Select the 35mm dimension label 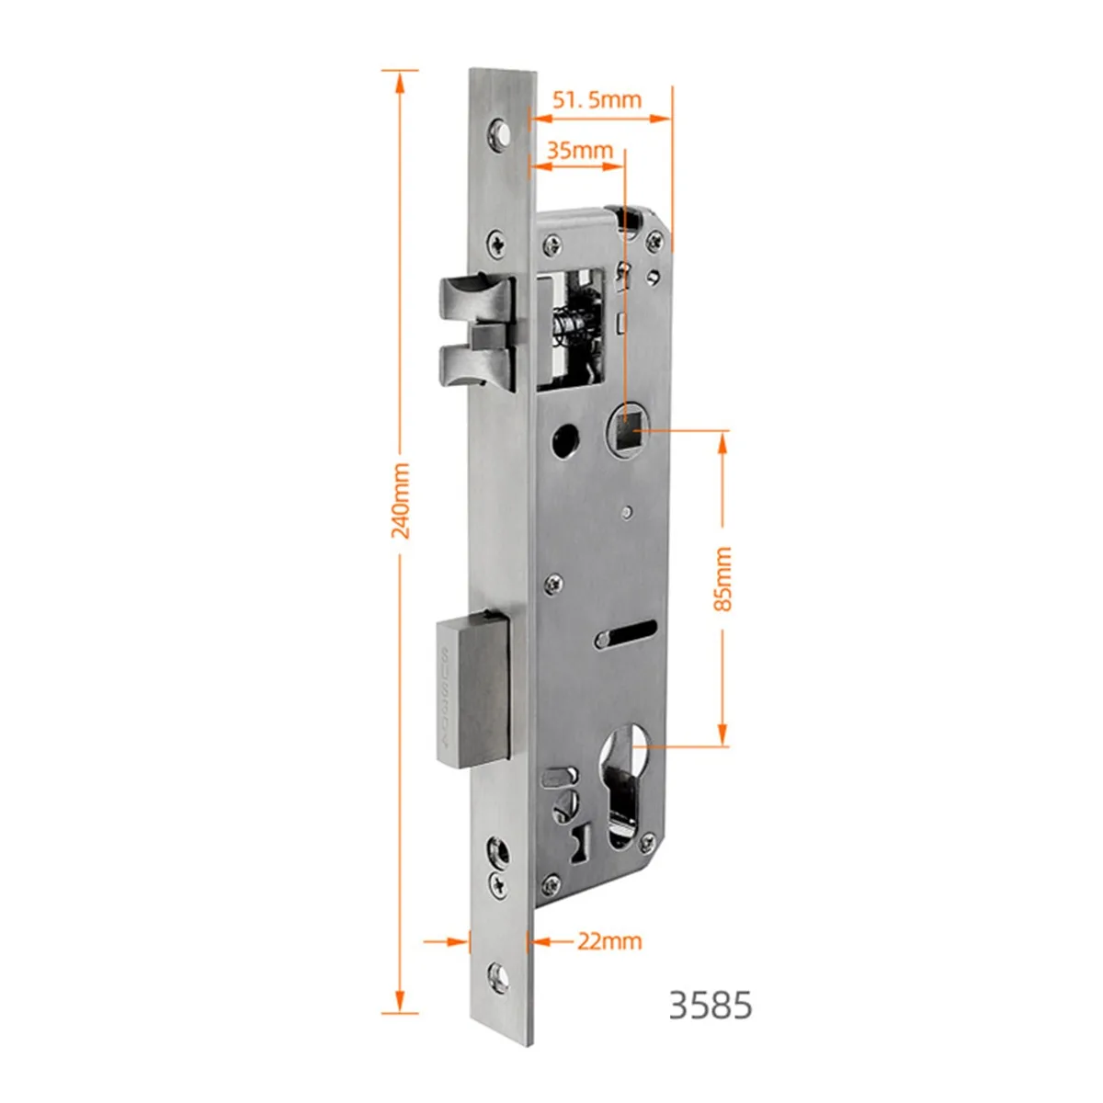(580, 151)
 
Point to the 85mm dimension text (722, 579)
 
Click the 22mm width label (609, 941)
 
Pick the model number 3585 (711, 1006)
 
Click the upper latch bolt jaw (476, 301)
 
